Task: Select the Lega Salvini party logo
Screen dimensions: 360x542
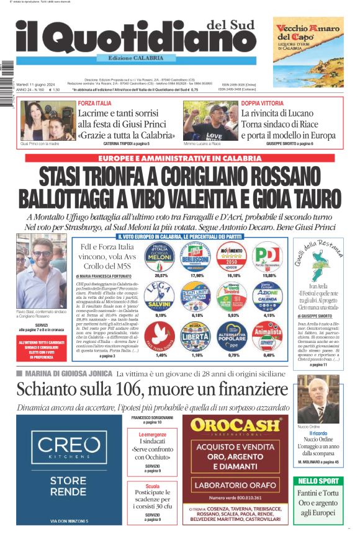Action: (x=161, y=297)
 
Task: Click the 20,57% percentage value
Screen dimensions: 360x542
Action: (x=161, y=274)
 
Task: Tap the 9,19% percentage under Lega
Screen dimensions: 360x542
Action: (x=161, y=316)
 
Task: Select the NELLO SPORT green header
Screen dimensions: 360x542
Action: (x=318, y=481)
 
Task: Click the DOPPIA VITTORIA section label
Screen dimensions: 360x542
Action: (x=262, y=103)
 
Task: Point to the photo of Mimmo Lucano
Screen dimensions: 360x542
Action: (x=210, y=120)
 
